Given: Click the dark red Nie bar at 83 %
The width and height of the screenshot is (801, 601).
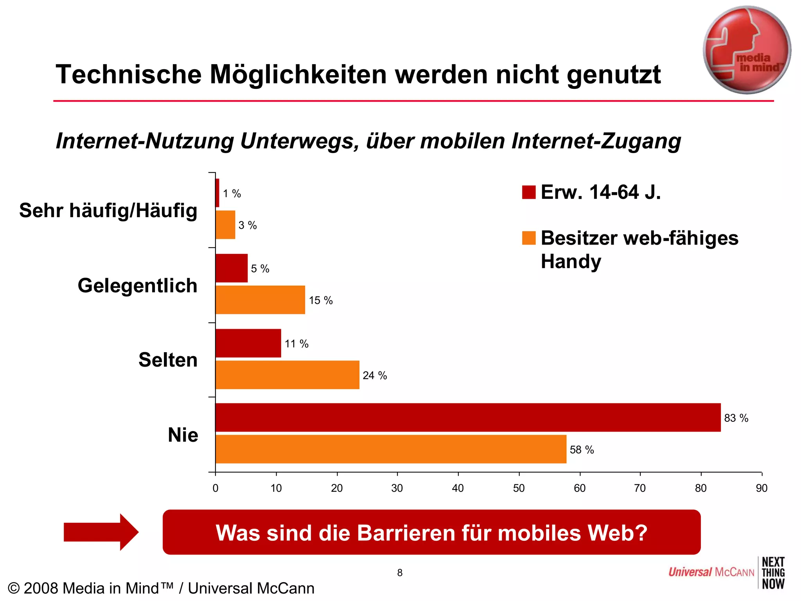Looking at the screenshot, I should point(468,417).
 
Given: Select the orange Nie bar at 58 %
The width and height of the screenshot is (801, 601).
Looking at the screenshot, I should point(391,449).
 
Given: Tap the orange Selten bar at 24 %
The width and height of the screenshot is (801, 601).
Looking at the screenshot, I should point(287,375).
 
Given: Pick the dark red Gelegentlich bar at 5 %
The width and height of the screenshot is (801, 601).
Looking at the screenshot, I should point(232,268).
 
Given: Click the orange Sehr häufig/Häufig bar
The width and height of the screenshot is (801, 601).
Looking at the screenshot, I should point(225,225).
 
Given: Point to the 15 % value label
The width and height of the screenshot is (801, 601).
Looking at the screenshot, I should point(321,300).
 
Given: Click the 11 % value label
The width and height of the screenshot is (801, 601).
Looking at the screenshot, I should point(296,344).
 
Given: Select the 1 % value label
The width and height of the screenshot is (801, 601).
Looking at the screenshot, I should point(232,194).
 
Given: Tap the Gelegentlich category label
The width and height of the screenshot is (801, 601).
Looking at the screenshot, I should point(137,285).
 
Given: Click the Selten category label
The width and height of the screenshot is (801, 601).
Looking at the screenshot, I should point(168,360).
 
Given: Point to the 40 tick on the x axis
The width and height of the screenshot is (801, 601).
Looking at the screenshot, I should point(458,488).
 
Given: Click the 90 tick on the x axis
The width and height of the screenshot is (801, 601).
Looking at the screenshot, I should point(761,488).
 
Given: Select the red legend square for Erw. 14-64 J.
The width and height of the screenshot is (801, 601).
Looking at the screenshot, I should point(528,192).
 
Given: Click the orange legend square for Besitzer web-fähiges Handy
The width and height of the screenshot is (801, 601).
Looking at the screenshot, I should point(528,238).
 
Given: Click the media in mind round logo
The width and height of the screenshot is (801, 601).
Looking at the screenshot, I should point(747,50).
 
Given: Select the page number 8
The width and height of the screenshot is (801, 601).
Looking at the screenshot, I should point(400,573).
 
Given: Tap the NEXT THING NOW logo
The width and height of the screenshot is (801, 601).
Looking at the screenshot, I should point(773,573).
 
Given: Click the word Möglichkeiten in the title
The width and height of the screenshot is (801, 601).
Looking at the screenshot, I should point(298,74).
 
